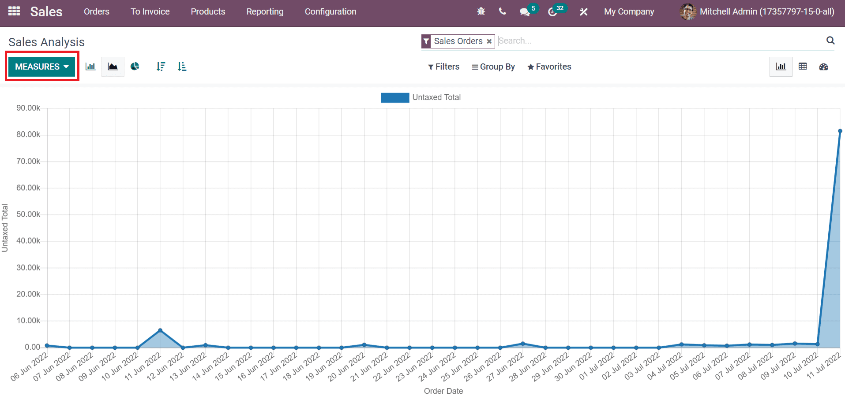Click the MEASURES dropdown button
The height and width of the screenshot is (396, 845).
click(x=42, y=67)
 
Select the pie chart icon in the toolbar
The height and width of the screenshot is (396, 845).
click(x=135, y=67)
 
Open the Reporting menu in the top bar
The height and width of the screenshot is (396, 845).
click(x=265, y=12)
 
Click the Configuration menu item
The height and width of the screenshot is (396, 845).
click(x=330, y=12)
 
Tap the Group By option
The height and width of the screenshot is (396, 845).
click(x=493, y=67)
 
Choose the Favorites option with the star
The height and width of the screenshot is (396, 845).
click(x=549, y=67)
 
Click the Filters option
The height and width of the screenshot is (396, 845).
click(x=443, y=67)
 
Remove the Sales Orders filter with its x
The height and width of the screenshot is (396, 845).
click(x=489, y=41)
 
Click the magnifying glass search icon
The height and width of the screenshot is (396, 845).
click(x=830, y=41)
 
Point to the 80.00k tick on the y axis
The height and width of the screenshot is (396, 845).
click(x=28, y=134)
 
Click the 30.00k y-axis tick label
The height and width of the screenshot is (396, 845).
click(x=28, y=267)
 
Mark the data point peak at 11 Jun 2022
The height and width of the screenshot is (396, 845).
click(x=160, y=330)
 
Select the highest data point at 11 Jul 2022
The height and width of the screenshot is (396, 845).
click(x=840, y=131)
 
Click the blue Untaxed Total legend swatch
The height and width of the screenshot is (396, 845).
click(x=395, y=97)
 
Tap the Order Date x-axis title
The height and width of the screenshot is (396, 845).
click(x=443, y=391)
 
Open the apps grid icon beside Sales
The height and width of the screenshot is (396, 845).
click(x=14, y=11)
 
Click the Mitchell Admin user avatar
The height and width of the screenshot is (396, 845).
click(x=687, y=12)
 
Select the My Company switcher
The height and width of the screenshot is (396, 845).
click(x=629, y=12)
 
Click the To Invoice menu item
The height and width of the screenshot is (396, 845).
click(x=150, y=12)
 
